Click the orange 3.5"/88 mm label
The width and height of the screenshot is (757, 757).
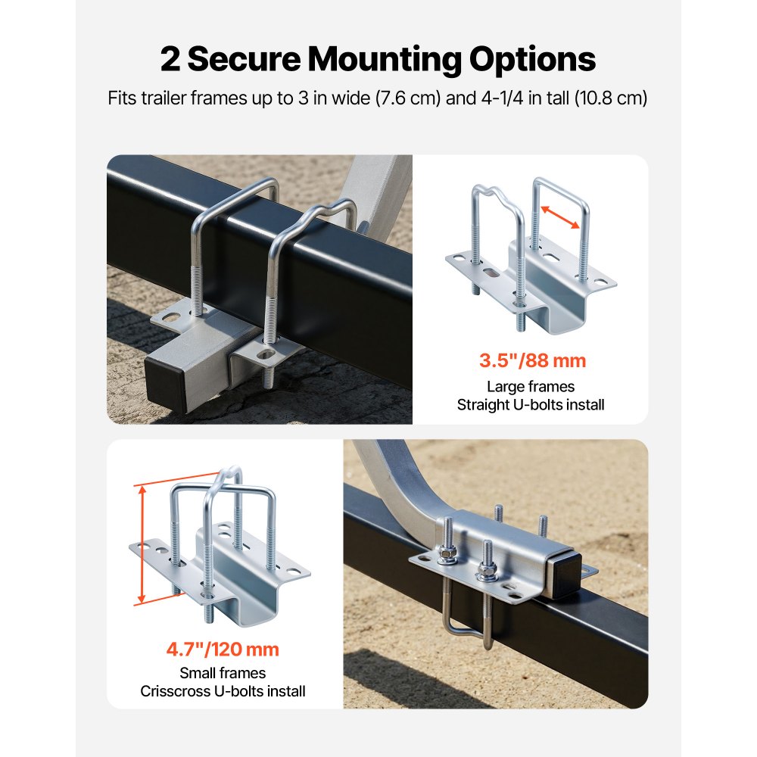pos(532,360)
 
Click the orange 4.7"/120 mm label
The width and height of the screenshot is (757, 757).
pos(223,649)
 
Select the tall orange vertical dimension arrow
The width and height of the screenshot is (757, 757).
pos(142,545)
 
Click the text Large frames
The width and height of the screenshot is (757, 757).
pos(531,387)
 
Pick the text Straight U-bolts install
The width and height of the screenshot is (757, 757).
pos(531,405)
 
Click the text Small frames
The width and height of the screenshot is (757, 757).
pos(223,672)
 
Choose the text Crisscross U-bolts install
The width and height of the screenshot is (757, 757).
pos(223,690)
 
